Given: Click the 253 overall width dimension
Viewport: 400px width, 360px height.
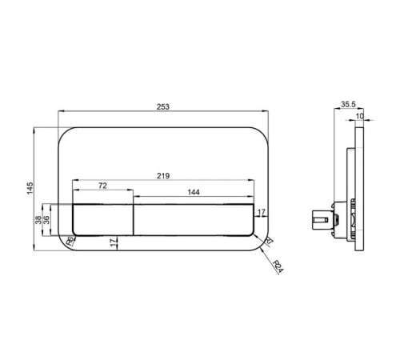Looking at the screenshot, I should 163,109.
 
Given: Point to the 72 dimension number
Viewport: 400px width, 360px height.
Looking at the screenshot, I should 102,186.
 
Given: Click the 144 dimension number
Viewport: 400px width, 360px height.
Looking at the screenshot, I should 194,193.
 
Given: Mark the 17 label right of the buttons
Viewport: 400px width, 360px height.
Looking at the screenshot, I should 261,213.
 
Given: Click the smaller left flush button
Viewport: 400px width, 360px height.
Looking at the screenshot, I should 103,220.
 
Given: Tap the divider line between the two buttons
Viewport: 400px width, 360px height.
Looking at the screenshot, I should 133,220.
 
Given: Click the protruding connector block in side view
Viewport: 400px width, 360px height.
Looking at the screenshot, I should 322,218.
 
